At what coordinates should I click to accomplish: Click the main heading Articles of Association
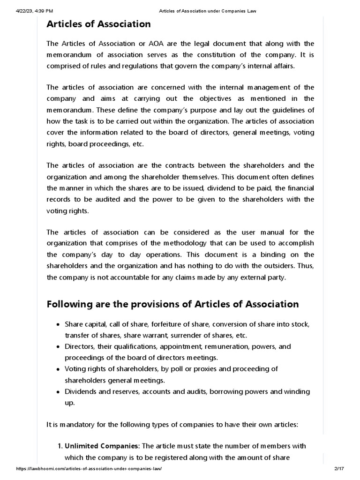tap(98, 24)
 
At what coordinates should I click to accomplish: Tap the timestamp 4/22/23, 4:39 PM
tap(30, 11)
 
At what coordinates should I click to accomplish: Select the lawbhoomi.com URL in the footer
tap(90, 470)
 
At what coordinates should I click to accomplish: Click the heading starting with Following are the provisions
tap(172, 304)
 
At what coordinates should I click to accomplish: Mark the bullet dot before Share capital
tap(58, 325)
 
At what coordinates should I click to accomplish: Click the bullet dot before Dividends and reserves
tap(58, 392)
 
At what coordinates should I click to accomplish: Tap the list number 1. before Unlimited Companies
tap(60, 446)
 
